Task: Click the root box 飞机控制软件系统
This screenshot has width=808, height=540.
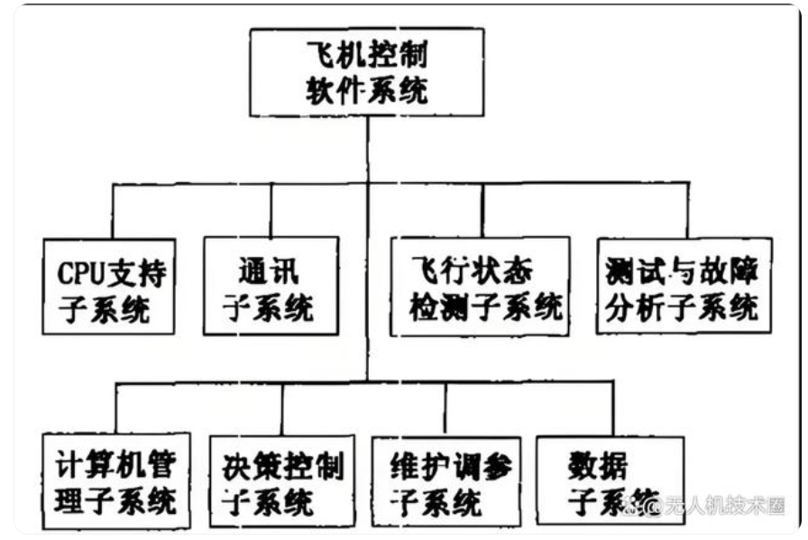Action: [367, 72]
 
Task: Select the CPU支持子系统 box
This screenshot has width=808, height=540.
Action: [108, 286]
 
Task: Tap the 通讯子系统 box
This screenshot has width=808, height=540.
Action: [271, 286]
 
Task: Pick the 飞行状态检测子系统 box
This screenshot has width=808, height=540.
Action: [481, 286]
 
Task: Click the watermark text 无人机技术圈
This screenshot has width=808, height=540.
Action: [725, 506]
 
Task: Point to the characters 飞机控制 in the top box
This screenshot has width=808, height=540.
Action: [367, 57]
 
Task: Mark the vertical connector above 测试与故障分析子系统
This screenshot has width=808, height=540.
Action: [687, 210]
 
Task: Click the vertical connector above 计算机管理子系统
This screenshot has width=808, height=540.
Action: [117, 407]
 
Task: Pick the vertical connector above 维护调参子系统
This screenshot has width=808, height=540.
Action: [445, 407]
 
